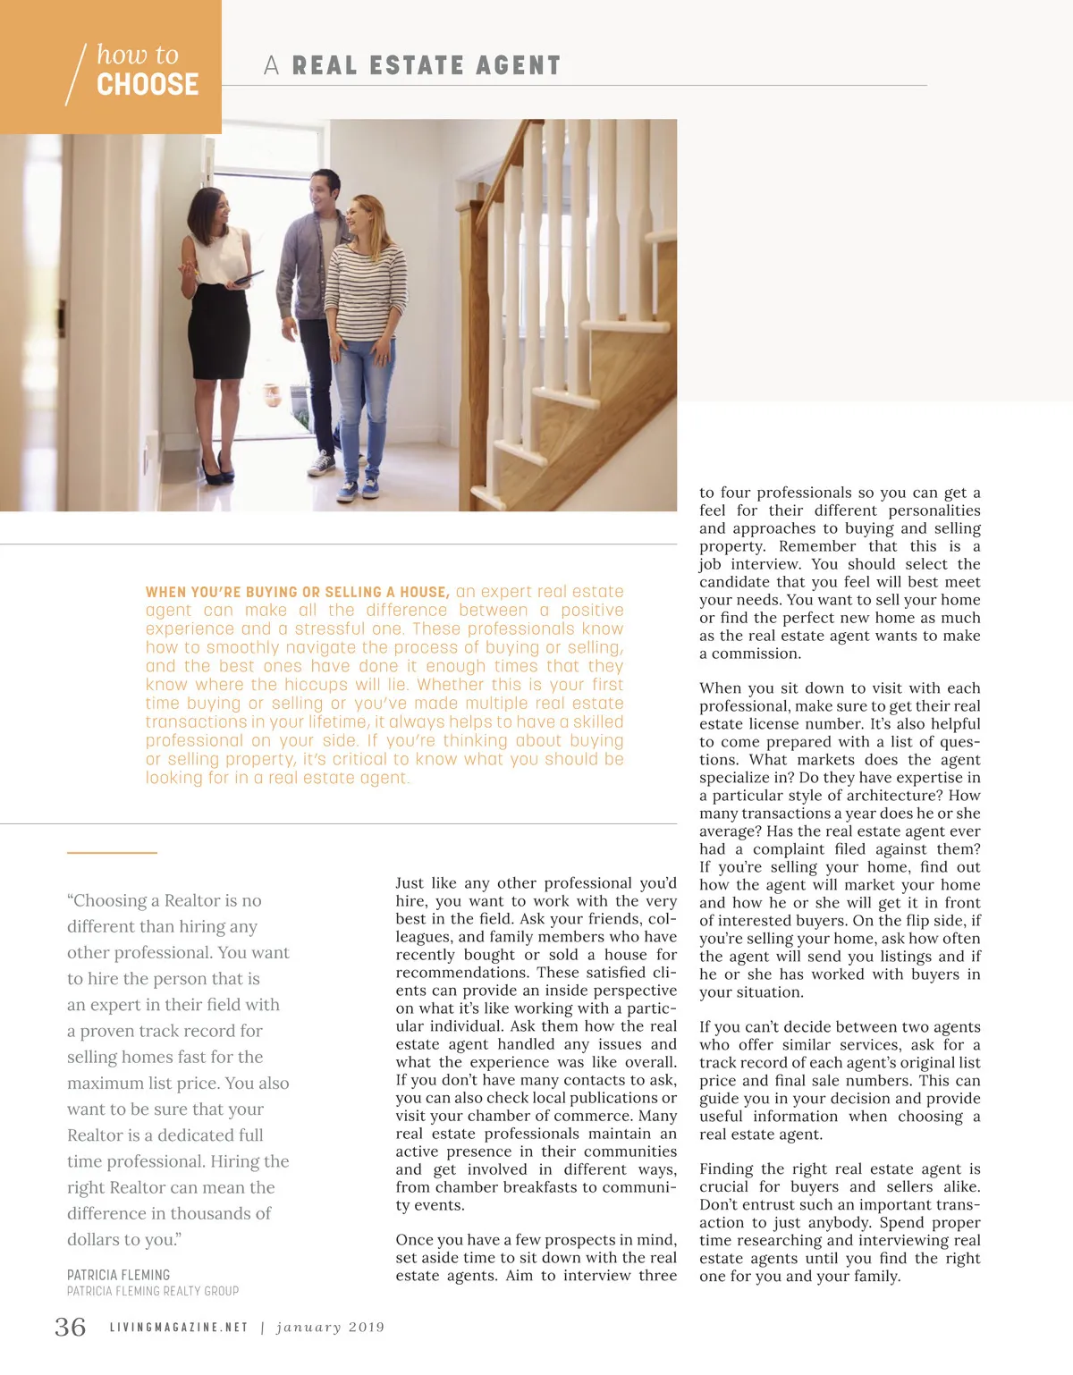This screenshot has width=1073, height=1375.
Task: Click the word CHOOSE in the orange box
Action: pyautogui.click(x=148, y=84)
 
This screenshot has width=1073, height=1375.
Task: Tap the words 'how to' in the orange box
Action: pyautogui.click(x=138, y=55)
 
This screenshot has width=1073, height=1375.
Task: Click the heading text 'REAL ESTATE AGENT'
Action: pyautogui.click(x=427, y=65)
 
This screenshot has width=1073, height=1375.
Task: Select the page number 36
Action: pyautogui.click(x=71, y=1327)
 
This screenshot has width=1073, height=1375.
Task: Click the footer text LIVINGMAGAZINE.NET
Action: pyautogui.click(x=179, y=1328)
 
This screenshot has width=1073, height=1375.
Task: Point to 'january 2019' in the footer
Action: pyautogui.click(x=330, y=1328)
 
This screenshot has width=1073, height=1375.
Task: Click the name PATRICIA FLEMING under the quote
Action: pyautogui.click(x=118, y=1275)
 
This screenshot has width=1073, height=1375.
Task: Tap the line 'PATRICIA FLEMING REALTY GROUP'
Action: pyautogui.click(x=153, y=1291)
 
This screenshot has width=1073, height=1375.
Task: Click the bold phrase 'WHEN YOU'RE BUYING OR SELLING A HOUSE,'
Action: pyautogui.click(x=297, y=592)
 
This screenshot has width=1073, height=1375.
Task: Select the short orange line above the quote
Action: pyautogui.click(x=112, y=853)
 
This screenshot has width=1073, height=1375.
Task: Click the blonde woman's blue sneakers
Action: pyautogui.click(x=359, y=488)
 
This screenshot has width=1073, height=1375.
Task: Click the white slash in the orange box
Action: pyautogui.click(x=77, y=74)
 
